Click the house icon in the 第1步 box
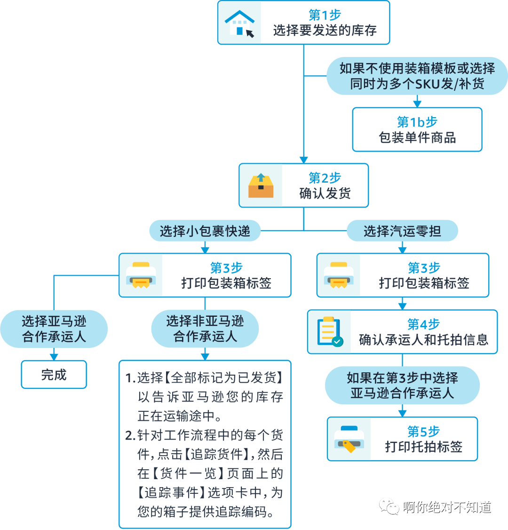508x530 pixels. [x=240, y=23]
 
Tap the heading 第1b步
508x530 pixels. [x=417, y=122]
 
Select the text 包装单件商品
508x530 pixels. [x=417, y=138]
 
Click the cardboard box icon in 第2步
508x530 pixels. [x=261, y=185]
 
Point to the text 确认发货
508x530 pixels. [x=325, y=193]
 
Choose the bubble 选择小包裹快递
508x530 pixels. [x=205, y=231]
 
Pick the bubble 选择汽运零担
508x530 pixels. [x=402, y=231]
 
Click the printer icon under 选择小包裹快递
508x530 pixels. [x=141, y=275]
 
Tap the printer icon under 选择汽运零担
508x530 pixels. [x=339, y=275]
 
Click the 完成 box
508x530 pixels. [x=54, y=375]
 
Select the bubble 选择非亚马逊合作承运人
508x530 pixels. [x=205, y=329]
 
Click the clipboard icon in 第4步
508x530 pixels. [x=329, y=332]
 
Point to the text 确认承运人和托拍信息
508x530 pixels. [x=423, y=340]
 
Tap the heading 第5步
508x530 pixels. [x=423, y=431]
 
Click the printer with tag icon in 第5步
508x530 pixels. [x=349, y=439]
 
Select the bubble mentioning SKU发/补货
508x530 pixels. [x=417, y=76]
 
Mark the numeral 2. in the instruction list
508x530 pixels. [x=130, y=436]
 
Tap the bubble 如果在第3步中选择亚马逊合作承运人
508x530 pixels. [x=402, y=385]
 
